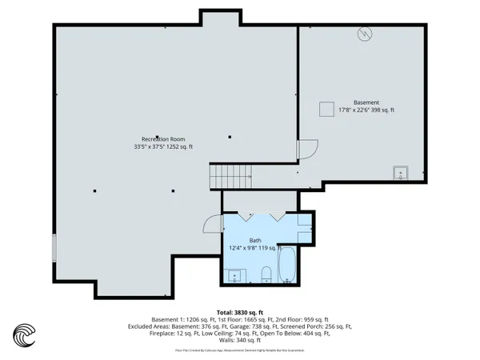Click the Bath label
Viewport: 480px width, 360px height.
click(254, 240)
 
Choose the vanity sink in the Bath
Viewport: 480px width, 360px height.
click(236, 277)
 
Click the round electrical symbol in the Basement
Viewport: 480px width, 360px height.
click(365, 35)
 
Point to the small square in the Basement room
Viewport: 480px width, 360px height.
click(326, 110)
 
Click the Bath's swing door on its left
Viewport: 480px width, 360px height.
click(212, 225)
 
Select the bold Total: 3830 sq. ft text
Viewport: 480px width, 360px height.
click(240, 312)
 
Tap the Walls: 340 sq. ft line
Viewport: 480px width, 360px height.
click(240, 339)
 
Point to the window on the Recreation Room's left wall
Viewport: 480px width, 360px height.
click(54, 247)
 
